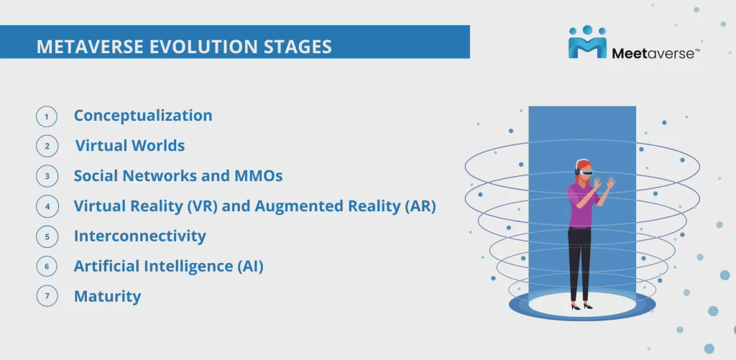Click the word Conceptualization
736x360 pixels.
[143, 116]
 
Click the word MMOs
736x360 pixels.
[258, 176]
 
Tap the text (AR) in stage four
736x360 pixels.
[420, 206]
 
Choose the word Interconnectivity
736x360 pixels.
[140, 236]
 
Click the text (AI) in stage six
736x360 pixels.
[248, 266]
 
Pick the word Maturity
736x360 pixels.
[108, 297]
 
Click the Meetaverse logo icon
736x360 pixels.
[587, 42]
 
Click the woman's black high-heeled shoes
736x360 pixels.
[581, 307]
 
